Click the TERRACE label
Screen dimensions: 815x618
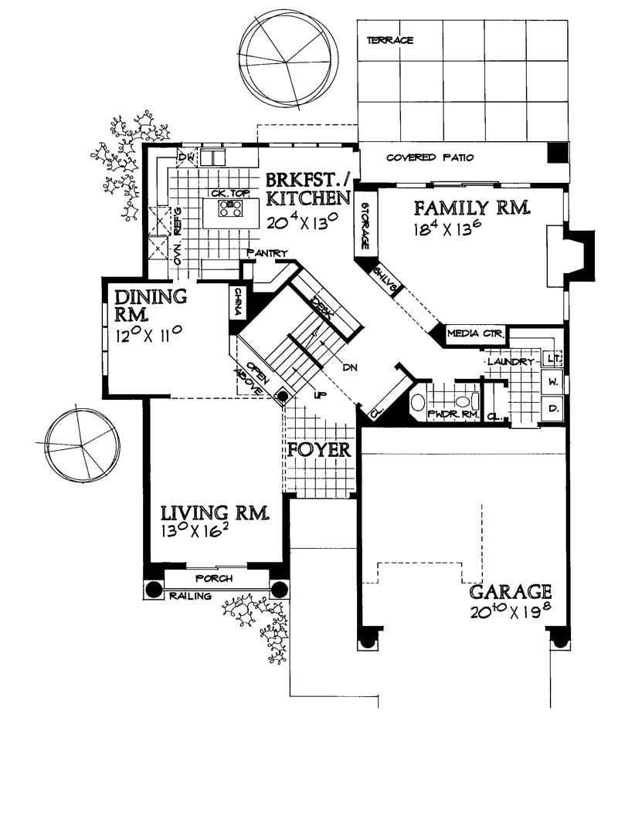click(x=390, y=40)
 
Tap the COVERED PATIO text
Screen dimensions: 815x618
click(x=430, y=158)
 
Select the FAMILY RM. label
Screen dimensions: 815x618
click(x=470, y=208)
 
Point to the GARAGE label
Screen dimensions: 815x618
click(x=511, y=592)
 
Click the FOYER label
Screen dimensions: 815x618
click(x=320, y=449)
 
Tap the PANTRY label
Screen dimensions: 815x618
click(x=267, y=253)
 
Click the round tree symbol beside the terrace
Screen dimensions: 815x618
click(x=288, y=56)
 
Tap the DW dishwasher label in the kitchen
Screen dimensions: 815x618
click(x=185, y=157)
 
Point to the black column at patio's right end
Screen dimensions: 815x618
click(x=556, y=153)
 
